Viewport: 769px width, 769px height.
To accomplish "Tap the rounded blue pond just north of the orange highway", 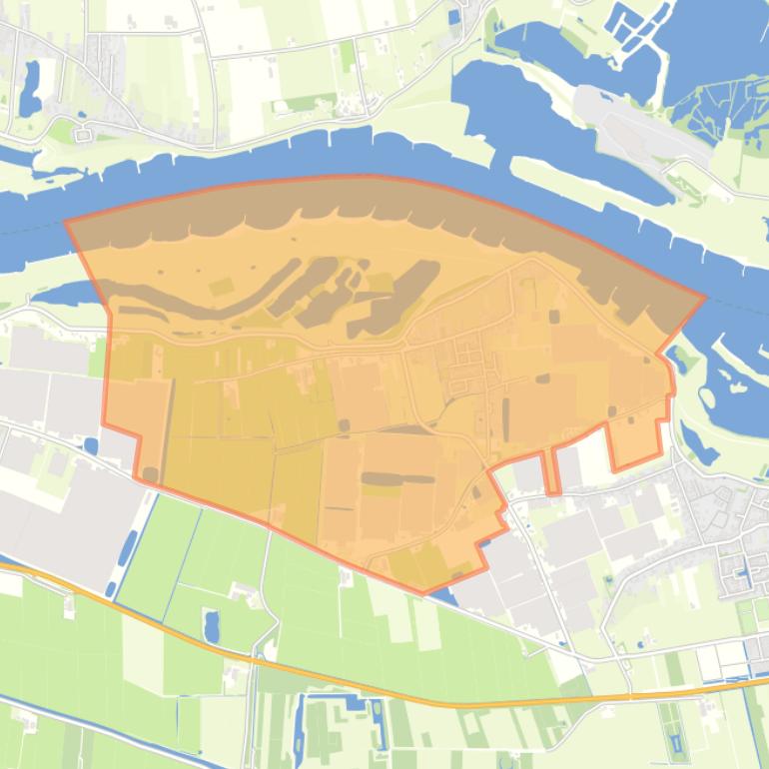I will click(x=211, y=626).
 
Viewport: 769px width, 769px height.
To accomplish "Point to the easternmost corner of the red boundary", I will click(x=705, y=296).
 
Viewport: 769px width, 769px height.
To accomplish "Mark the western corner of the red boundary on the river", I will click(x=67, y=222).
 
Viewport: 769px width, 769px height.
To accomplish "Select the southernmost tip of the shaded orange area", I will click(x=423, y=593).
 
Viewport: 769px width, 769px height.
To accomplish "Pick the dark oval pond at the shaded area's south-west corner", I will click(x=151, y=473).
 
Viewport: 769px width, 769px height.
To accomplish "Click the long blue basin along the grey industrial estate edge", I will click(x=128, y=549).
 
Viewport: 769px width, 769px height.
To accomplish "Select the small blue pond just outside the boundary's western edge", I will click(x=92, y=446).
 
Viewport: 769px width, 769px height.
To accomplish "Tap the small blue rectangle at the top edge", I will click(x=455, y=17).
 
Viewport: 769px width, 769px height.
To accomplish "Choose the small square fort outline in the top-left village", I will click(x=83, y=131).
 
